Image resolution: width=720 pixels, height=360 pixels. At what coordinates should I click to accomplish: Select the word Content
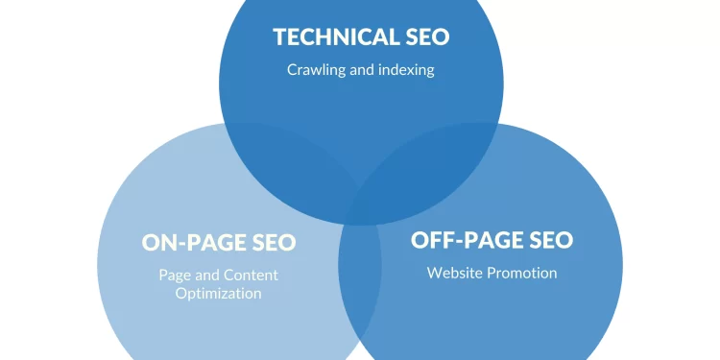coord(252,275)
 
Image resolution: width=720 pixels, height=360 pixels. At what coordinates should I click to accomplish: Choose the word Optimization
coord(218,293)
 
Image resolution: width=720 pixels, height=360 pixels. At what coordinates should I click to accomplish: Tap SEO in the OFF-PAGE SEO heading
coord(546,240)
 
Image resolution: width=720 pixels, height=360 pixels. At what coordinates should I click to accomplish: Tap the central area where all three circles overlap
coord(361,202)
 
